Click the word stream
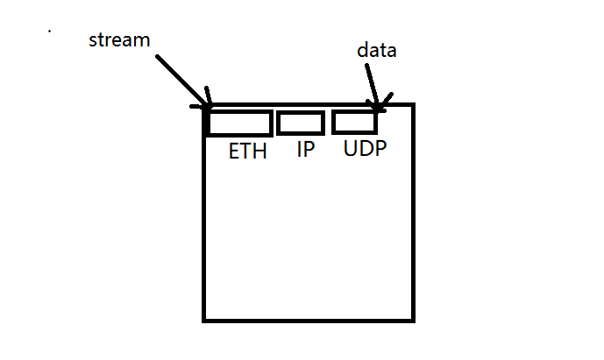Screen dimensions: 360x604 tap(120, 40)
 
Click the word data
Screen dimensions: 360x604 tap(377, 51)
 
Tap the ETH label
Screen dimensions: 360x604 tap(248, 151)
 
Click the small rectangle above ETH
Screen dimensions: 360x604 tap(239, 124)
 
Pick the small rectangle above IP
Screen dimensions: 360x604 tap(301, 123)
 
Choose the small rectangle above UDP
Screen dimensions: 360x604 tap(354, 122)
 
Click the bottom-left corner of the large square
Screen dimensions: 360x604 tap(204, 320)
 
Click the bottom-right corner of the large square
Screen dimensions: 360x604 tap(413, 320)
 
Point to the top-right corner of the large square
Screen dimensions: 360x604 tap(413, 104)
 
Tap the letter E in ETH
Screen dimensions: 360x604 tap(235, 151)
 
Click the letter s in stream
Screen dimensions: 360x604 tap(94, 41)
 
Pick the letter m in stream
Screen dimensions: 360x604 tap(143, 41)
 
